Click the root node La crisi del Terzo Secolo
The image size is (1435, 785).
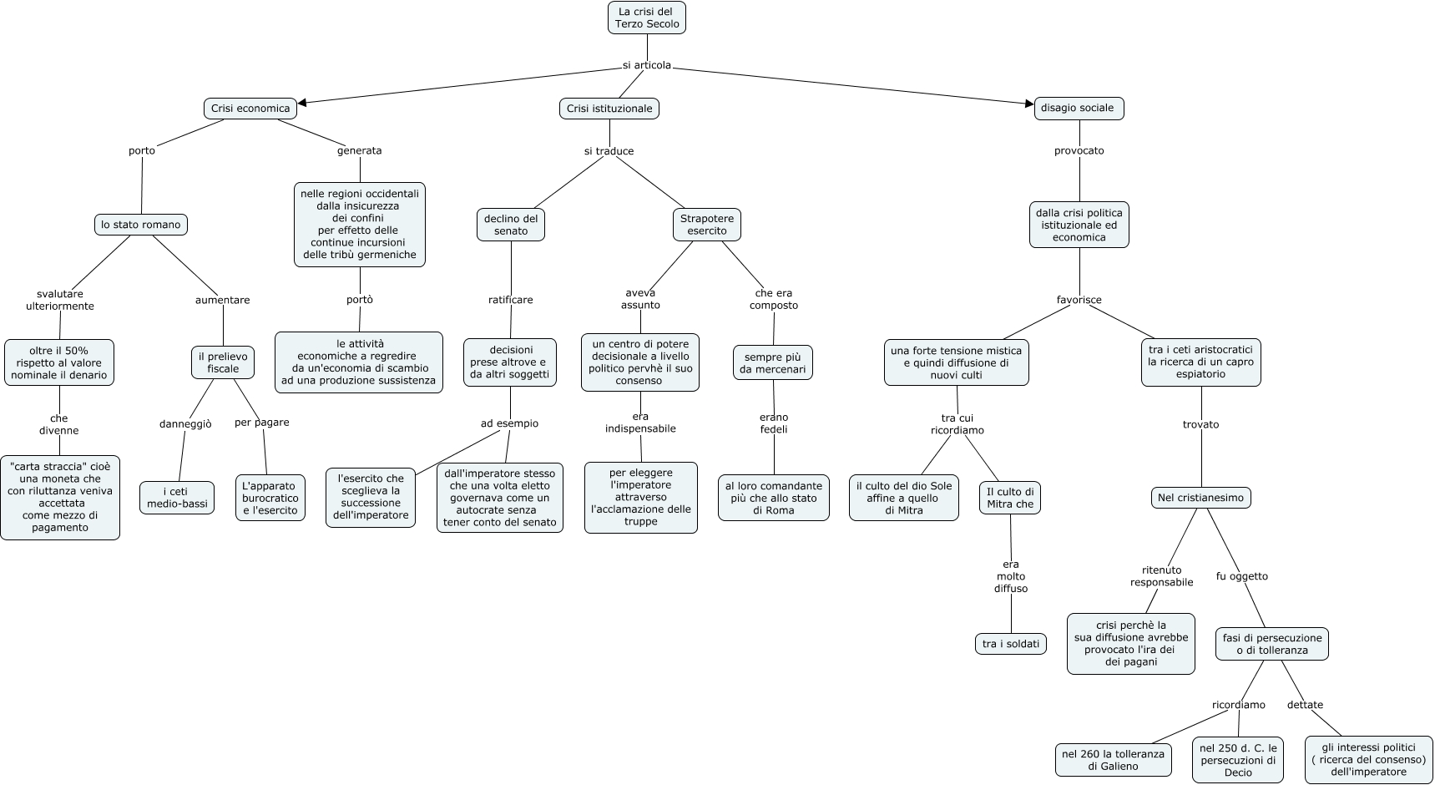(x=647, y=18)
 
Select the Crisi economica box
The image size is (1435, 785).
(x=250, y=109)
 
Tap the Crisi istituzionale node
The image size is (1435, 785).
(x=609, y=109)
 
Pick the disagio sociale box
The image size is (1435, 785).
(x=1079, y=108)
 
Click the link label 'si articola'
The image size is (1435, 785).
(x=646, y=66)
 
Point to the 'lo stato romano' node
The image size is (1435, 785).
(x=141, y=225)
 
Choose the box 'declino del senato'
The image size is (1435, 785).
(x=511, y=225)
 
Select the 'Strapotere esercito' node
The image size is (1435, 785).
(x=707, y=225)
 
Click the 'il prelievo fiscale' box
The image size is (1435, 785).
(x=223, y=362)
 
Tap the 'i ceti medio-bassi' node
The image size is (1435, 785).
(x=177, y=498)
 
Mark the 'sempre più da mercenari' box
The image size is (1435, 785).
(x=773, y=363)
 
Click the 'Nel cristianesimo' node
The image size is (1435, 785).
(x=1200, y=498)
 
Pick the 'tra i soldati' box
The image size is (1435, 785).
(x=1011, y=644)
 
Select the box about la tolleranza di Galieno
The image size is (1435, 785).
(x=1113, y=760)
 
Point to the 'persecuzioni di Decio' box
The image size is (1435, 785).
(x=1238, y=760)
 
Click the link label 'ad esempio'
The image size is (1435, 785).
(x=509, y=423)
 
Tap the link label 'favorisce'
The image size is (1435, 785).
(x=1079, y=300)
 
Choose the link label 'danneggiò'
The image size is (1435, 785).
(x=185, y=424)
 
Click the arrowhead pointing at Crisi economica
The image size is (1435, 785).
(x=302, y=104)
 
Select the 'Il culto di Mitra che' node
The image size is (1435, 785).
(x=1010, y=498)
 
